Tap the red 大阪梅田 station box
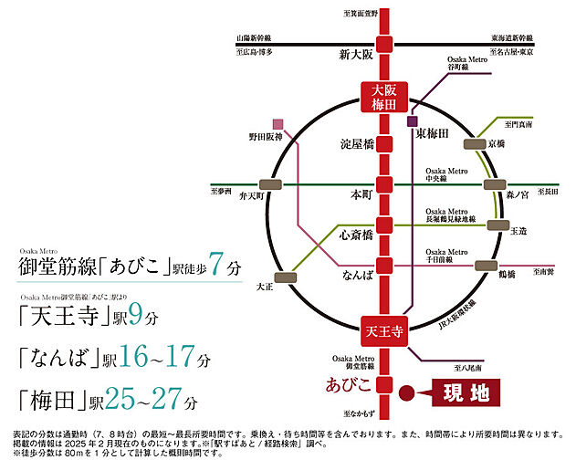[382, 98]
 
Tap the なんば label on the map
[354, 273]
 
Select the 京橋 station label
[497, 145]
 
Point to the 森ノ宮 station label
[518, 193]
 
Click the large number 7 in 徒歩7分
[216, 267]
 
